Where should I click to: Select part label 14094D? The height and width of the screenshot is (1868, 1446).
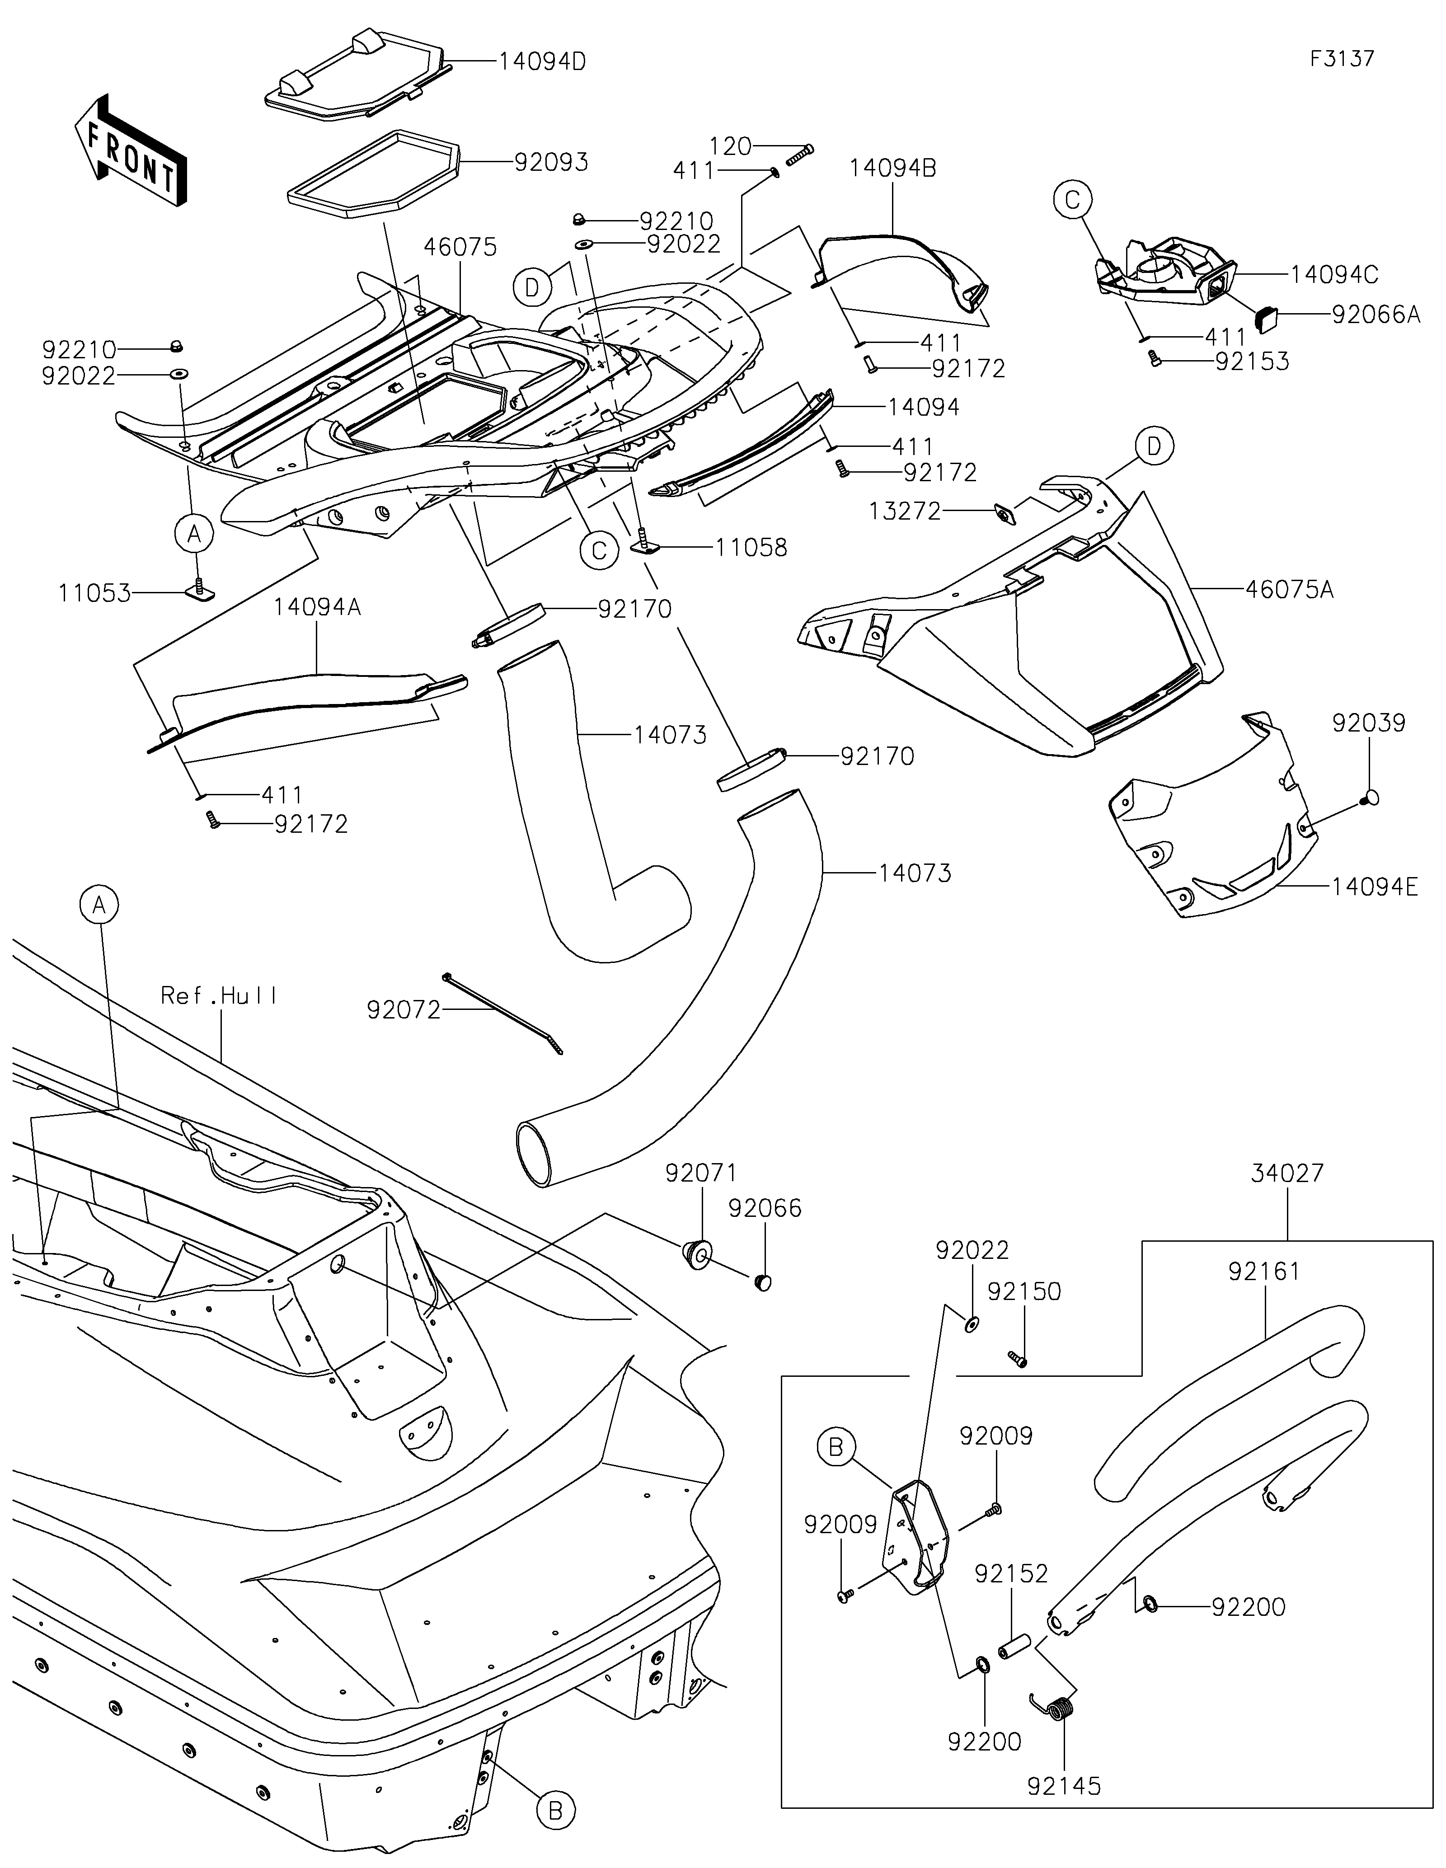click(542, 61)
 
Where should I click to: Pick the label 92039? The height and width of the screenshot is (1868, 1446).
click(1368, 723)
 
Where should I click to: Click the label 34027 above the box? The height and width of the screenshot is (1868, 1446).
click(1287, 1173)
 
